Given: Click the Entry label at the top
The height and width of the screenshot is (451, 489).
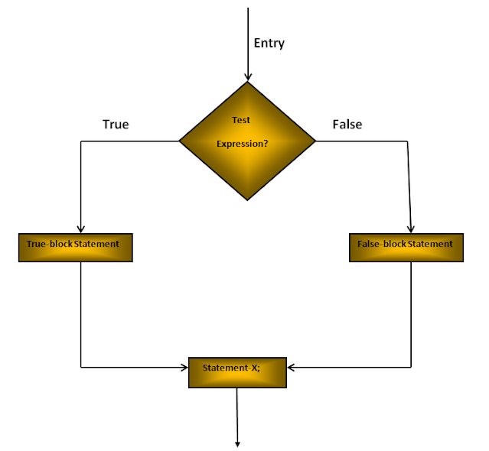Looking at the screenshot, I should [x=269, y=43].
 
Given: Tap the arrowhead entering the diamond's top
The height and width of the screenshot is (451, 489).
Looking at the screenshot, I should [x=247, y=76].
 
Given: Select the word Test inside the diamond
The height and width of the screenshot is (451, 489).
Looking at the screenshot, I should [x=241, y=120].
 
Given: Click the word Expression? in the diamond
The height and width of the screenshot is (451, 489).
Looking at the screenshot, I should [x=243, y=143].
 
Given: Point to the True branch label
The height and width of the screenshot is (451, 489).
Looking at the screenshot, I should [x=116, y=124].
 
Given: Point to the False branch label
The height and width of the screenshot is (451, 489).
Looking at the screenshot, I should [x=347, y=124].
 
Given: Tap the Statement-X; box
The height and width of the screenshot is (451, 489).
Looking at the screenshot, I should [x=237, y=372].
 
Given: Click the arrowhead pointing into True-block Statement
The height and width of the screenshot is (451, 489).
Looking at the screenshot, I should [x=80, y=229].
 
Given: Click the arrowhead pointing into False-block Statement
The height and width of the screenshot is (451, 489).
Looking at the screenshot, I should [x=412, y=229].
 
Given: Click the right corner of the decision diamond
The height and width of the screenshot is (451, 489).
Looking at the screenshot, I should [x=315, y=141].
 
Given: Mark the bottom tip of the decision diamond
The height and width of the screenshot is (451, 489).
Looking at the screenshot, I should [x=247, y=200].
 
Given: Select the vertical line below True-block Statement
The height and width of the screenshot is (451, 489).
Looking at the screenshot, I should [x=80, y=313].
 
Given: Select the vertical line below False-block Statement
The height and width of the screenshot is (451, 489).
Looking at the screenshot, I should [x=412, y=313].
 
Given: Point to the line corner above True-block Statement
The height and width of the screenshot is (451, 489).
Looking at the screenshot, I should [x=80, y=141].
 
